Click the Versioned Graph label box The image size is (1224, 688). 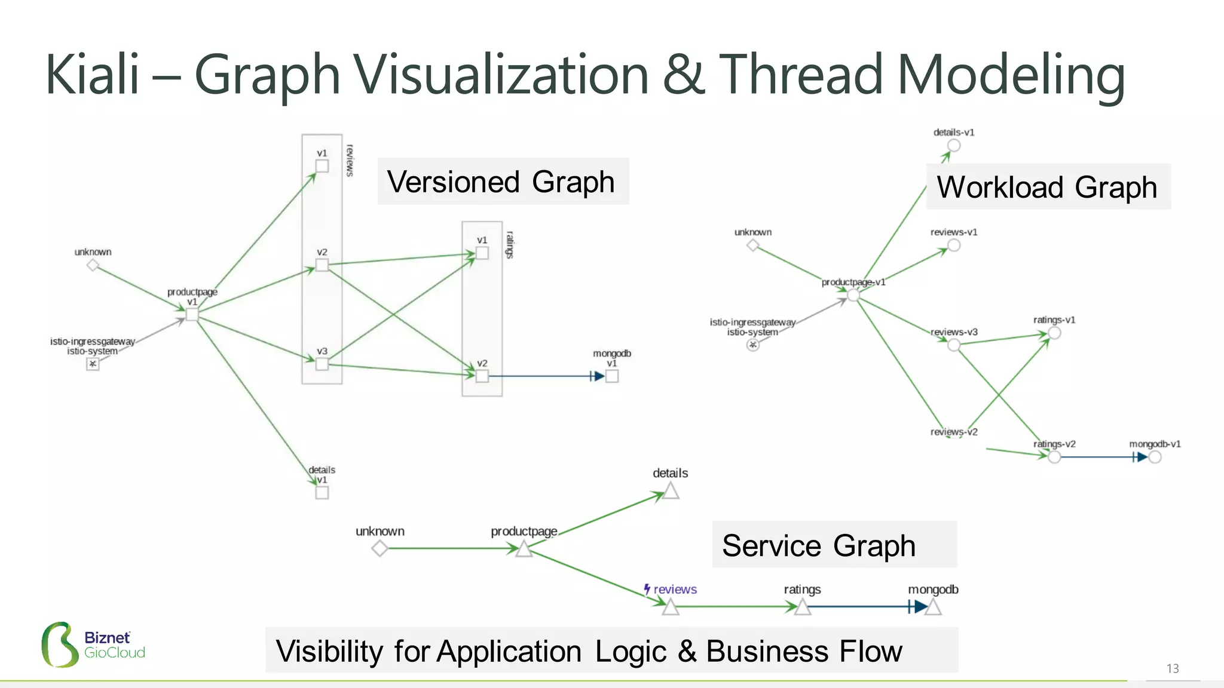[502, 182]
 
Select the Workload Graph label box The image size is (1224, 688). [1047, 187]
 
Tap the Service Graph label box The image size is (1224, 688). [834, 545]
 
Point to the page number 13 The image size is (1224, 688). [1172, 668]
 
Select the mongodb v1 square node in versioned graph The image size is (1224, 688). [612, 376]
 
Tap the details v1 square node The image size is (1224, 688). [322, 493]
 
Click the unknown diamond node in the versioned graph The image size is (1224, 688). [93, 265]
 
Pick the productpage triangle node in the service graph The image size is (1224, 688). [524, 549]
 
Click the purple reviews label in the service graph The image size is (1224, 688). [674, 589]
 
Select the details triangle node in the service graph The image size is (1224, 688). [671, 492]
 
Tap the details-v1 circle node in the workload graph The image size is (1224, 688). [954, 145]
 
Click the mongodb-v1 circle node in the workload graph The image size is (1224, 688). [1155, 457]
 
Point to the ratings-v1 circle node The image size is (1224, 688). [1054, 333]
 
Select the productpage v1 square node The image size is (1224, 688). [192, 314]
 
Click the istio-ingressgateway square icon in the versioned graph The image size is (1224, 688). [93, 364]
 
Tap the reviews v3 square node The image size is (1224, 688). [322, 364]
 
